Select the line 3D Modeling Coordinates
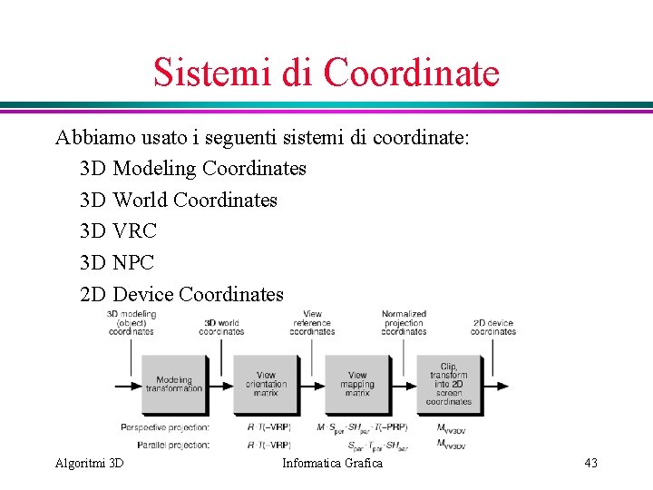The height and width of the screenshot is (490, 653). [x=193, y=169]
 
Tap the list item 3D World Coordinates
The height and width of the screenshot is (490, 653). [x=179, y=201]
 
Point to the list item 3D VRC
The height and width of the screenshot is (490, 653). [x=118, y=231]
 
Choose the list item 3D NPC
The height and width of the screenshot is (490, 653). [x=117, y=263]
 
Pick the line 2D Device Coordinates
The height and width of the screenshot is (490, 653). [x=181, y=295]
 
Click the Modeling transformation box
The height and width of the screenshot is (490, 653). [x=173, y=385]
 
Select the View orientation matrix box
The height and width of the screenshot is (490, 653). [x=266, y=385]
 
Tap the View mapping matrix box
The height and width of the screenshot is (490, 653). [x=357, y=385]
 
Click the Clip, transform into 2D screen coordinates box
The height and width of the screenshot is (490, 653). [x=449, y=385]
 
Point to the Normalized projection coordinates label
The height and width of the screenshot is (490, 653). [x=404, y=323]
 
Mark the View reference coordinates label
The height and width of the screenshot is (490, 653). [x=312, y=323]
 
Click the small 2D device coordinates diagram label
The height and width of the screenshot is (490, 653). [x=492, y=327]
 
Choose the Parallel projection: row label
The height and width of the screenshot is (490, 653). [x=173, y=445]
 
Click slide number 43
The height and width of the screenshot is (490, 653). [x=590, y=464]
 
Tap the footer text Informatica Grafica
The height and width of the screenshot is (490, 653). [x=332, y=464]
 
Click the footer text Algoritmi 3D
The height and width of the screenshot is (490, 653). [x=89, y=464]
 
